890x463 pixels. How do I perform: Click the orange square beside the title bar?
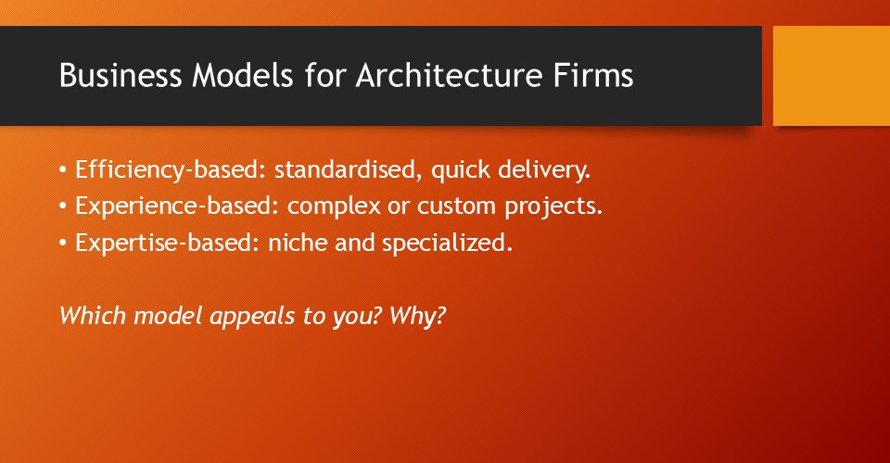click(832, 76)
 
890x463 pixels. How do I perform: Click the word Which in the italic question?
click(88, 314)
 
